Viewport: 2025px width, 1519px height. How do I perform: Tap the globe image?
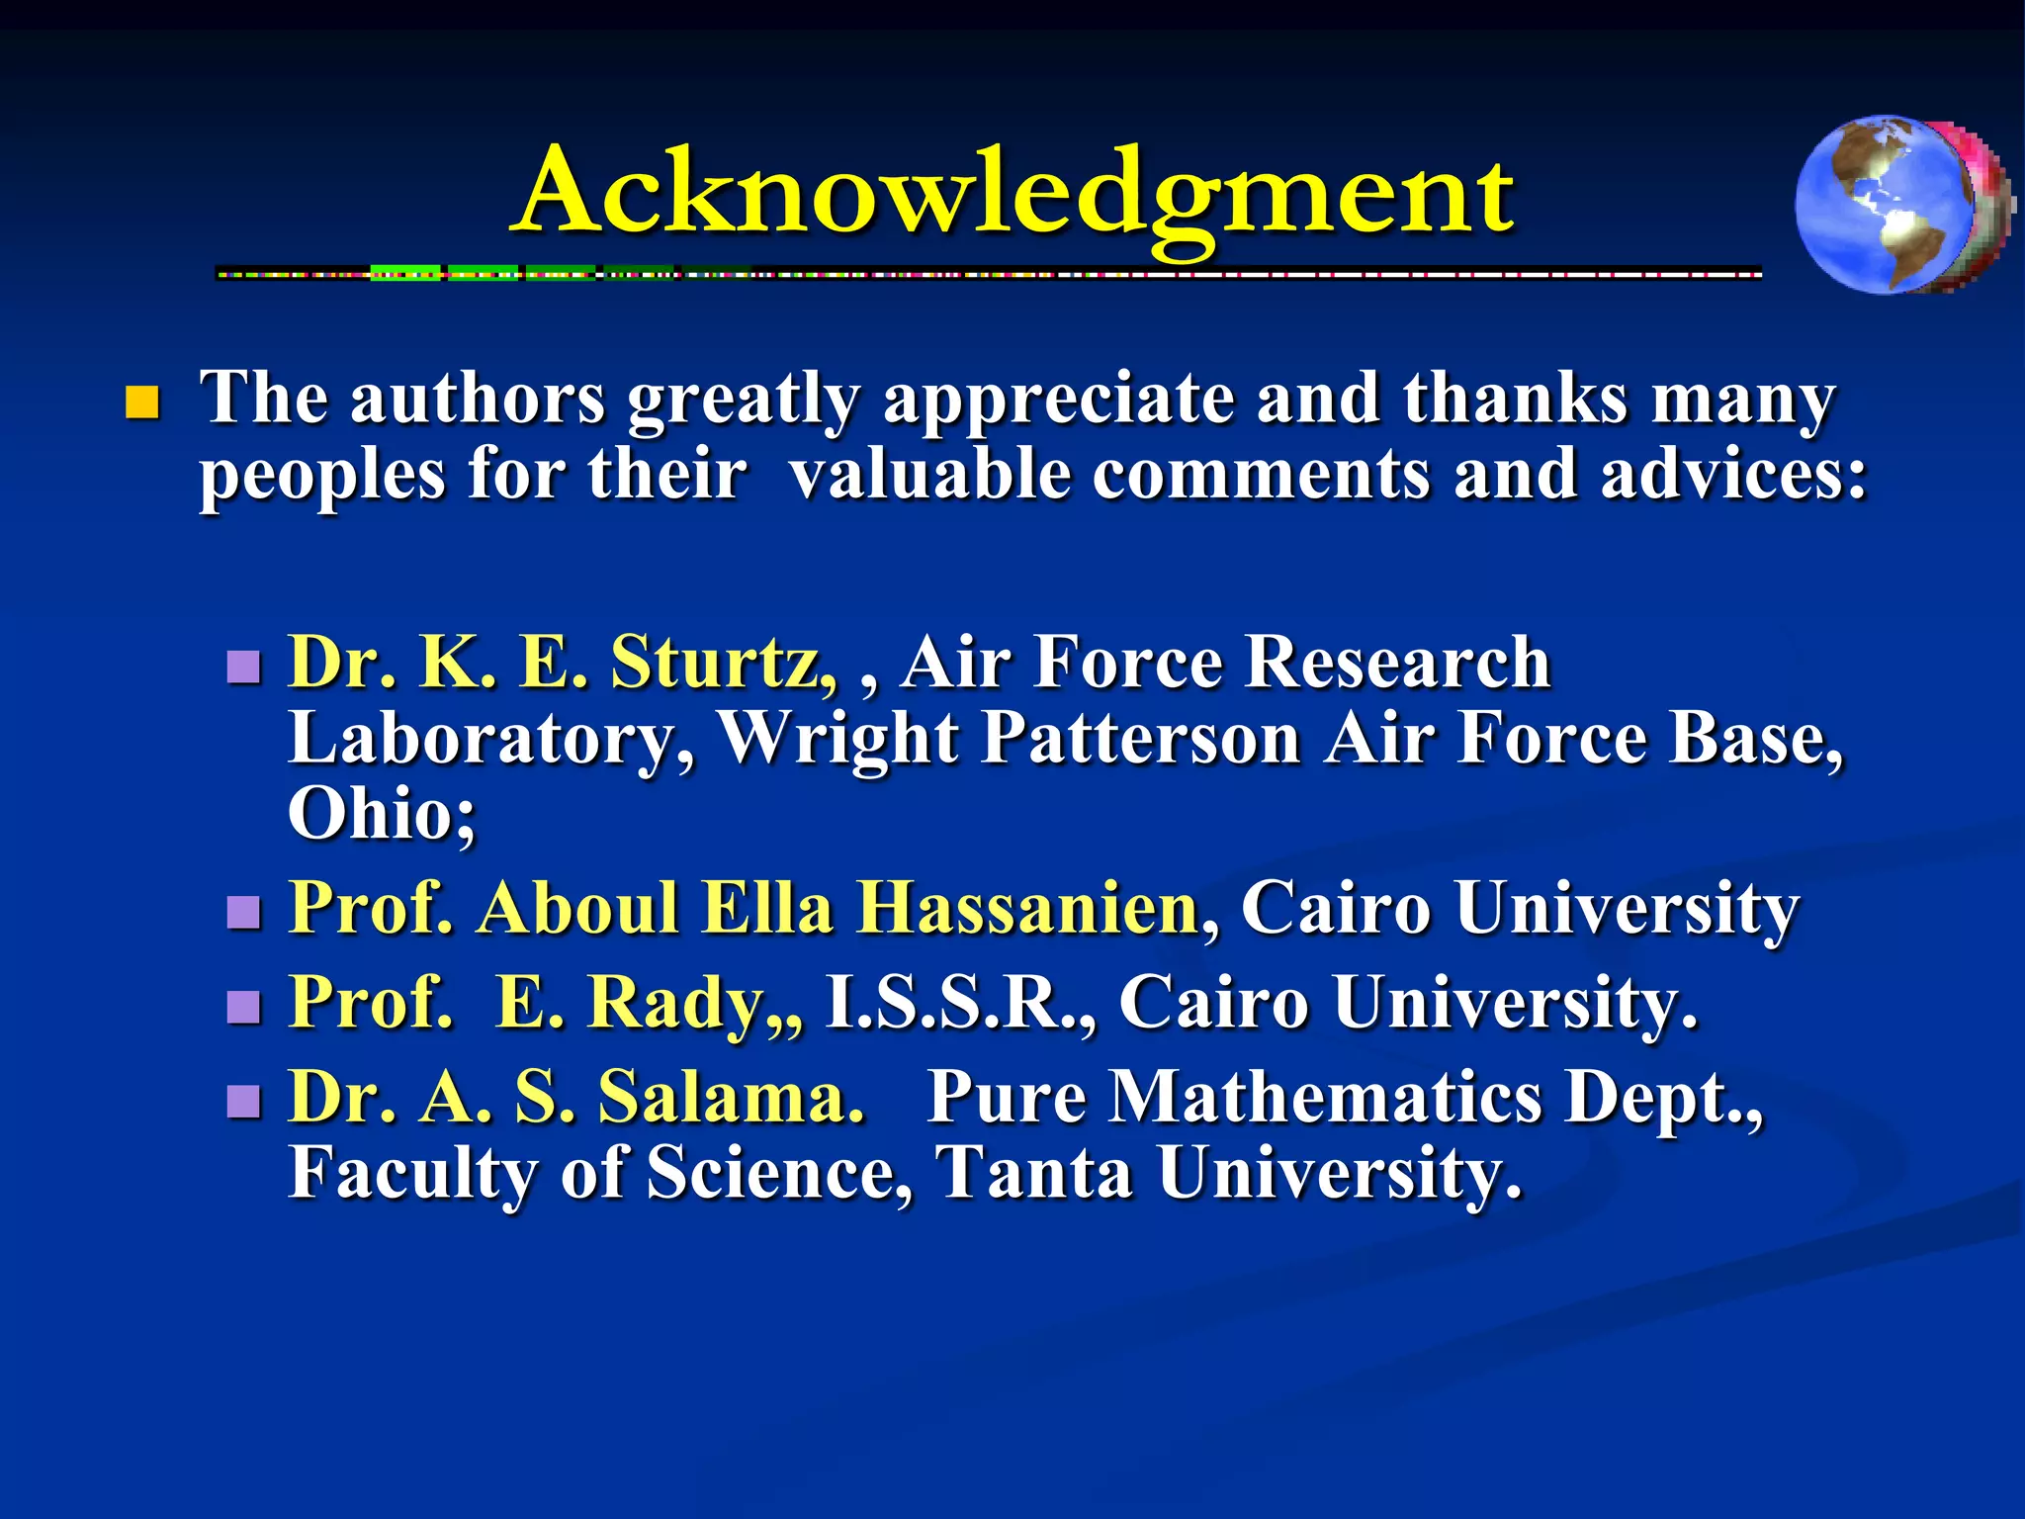click(x=1902, y=205)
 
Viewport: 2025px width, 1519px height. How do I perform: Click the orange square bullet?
click(x=143, y=403)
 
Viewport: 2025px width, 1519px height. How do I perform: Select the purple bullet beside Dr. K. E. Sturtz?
click(x=243, y=668)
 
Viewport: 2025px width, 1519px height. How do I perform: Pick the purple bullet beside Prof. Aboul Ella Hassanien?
click(x=243, y=912)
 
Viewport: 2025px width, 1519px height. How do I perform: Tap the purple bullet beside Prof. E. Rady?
click(x=243, y=1008)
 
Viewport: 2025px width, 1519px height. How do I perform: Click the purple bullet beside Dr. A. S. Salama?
click(x=243, y=1102)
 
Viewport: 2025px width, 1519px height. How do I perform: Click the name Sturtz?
click(x=724, y=662)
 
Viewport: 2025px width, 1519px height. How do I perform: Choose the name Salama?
click(x=732, y=1097)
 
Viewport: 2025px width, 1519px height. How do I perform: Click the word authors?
click(x=478, y=399)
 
